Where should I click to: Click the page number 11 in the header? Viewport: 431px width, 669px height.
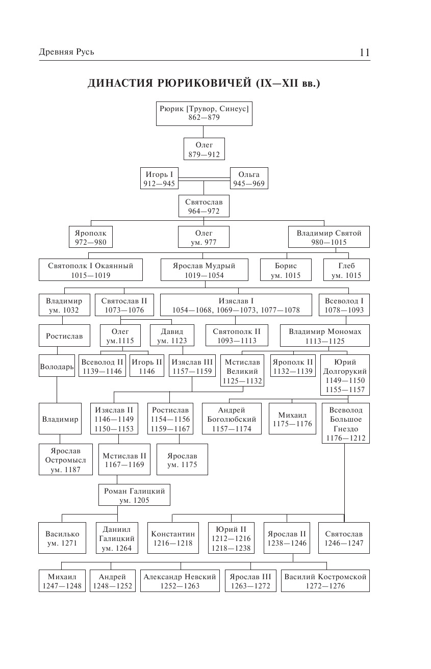click(x=364, y=53)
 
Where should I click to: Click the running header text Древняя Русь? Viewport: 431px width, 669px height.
click(x=66, y=53)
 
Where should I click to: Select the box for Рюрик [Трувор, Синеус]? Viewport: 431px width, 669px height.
click(x=205, y=113)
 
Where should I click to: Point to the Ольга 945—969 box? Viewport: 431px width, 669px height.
click(x=249, y=178)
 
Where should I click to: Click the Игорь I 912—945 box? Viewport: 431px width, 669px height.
click(x=159, y=178)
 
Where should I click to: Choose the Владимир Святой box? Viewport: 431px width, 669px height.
click(x=329, y=237)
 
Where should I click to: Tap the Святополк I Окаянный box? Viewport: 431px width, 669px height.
click(x=90, y=270)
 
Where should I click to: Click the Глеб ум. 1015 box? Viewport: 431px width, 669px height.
click(x=346, y=270)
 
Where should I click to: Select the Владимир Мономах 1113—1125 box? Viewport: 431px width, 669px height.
click(x=325, y=336)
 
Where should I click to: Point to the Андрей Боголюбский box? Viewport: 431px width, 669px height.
click(x=232, y=419)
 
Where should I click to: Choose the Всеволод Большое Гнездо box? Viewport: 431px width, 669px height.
click(x=345, y=424)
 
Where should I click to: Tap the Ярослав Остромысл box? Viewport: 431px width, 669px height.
click(x=65, y=460)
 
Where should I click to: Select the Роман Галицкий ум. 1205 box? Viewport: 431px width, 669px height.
click(x=135, y=495)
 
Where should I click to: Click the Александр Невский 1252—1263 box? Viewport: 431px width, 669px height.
click(x=180, y=581)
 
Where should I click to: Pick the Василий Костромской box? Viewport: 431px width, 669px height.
click(x=325, y=581)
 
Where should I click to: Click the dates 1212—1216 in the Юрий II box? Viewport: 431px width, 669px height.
click(x=231, y=538)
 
